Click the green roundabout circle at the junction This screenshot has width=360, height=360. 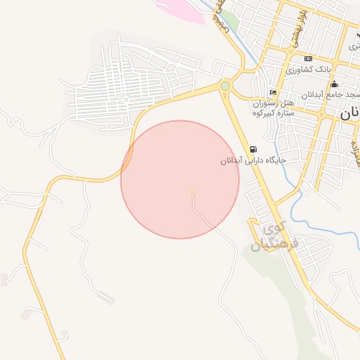225,86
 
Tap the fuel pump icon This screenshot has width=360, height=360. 253,149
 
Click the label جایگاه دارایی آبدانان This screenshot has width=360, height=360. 252,160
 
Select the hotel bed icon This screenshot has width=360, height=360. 273,94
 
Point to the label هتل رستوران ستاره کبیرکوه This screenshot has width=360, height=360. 277,107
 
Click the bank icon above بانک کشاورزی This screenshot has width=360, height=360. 307,58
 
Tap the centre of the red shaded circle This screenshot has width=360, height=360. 180,179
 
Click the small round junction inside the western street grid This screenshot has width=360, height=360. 126,99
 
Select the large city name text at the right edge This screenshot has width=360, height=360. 349,112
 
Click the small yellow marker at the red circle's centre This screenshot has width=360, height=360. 191,190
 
